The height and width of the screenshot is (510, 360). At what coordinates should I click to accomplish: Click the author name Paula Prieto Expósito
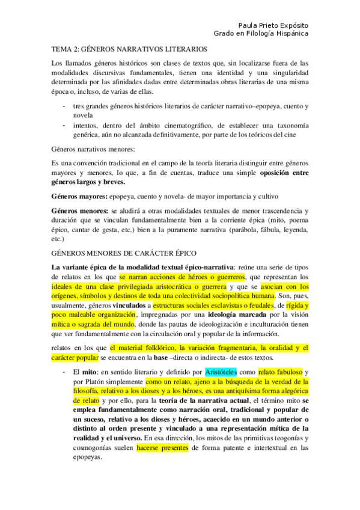pos(273,26)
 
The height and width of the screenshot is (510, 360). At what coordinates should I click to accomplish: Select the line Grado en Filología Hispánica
pos(261,34)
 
